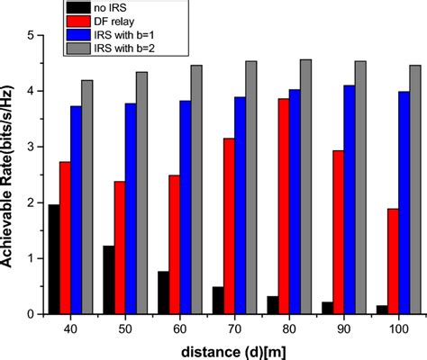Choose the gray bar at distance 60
[196, 189]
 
